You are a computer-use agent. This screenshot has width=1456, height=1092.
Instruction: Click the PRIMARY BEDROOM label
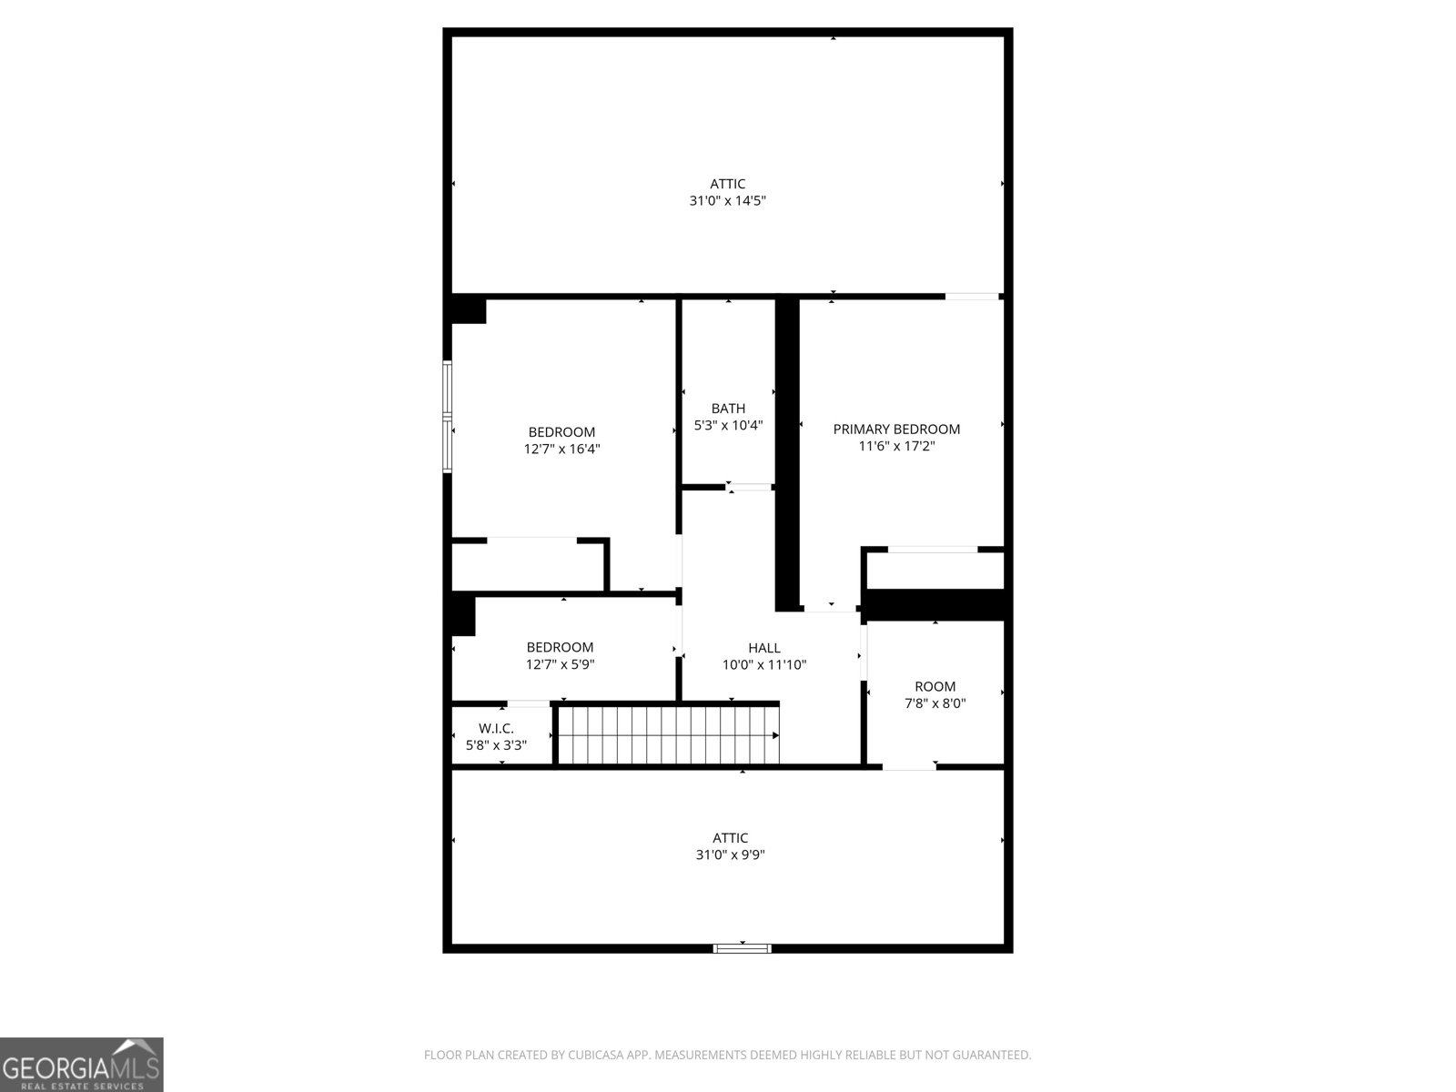click(896, 430)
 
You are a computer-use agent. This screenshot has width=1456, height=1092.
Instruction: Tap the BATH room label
click(728, 409)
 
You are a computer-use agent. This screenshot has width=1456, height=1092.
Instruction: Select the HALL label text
click(764, 648)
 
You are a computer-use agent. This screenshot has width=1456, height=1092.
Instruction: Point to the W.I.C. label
click(496, 728)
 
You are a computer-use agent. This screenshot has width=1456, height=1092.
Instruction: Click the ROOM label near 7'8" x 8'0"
click(935, 686)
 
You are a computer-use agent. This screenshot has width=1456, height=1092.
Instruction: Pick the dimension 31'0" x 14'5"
click(727, 200)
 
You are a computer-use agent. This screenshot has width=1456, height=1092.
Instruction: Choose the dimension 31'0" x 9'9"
click(730, 854)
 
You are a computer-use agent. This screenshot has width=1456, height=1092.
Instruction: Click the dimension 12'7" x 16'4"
click(561, 449)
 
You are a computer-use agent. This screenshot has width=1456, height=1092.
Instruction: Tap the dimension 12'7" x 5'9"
click(560, 664)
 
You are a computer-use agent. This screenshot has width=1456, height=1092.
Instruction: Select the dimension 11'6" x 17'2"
click(896, 446)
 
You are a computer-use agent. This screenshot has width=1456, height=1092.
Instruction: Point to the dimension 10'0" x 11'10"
click(764, 664)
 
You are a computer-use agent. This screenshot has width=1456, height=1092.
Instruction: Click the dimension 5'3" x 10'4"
click(728, 425)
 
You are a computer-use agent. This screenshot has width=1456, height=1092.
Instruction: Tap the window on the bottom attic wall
click(743, 948)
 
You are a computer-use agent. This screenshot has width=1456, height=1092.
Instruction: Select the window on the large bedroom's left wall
click(447, 416)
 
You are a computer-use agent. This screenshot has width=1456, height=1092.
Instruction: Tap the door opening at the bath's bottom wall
click(751, 487)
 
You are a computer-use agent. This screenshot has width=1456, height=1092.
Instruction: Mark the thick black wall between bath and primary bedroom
click(787, 455)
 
